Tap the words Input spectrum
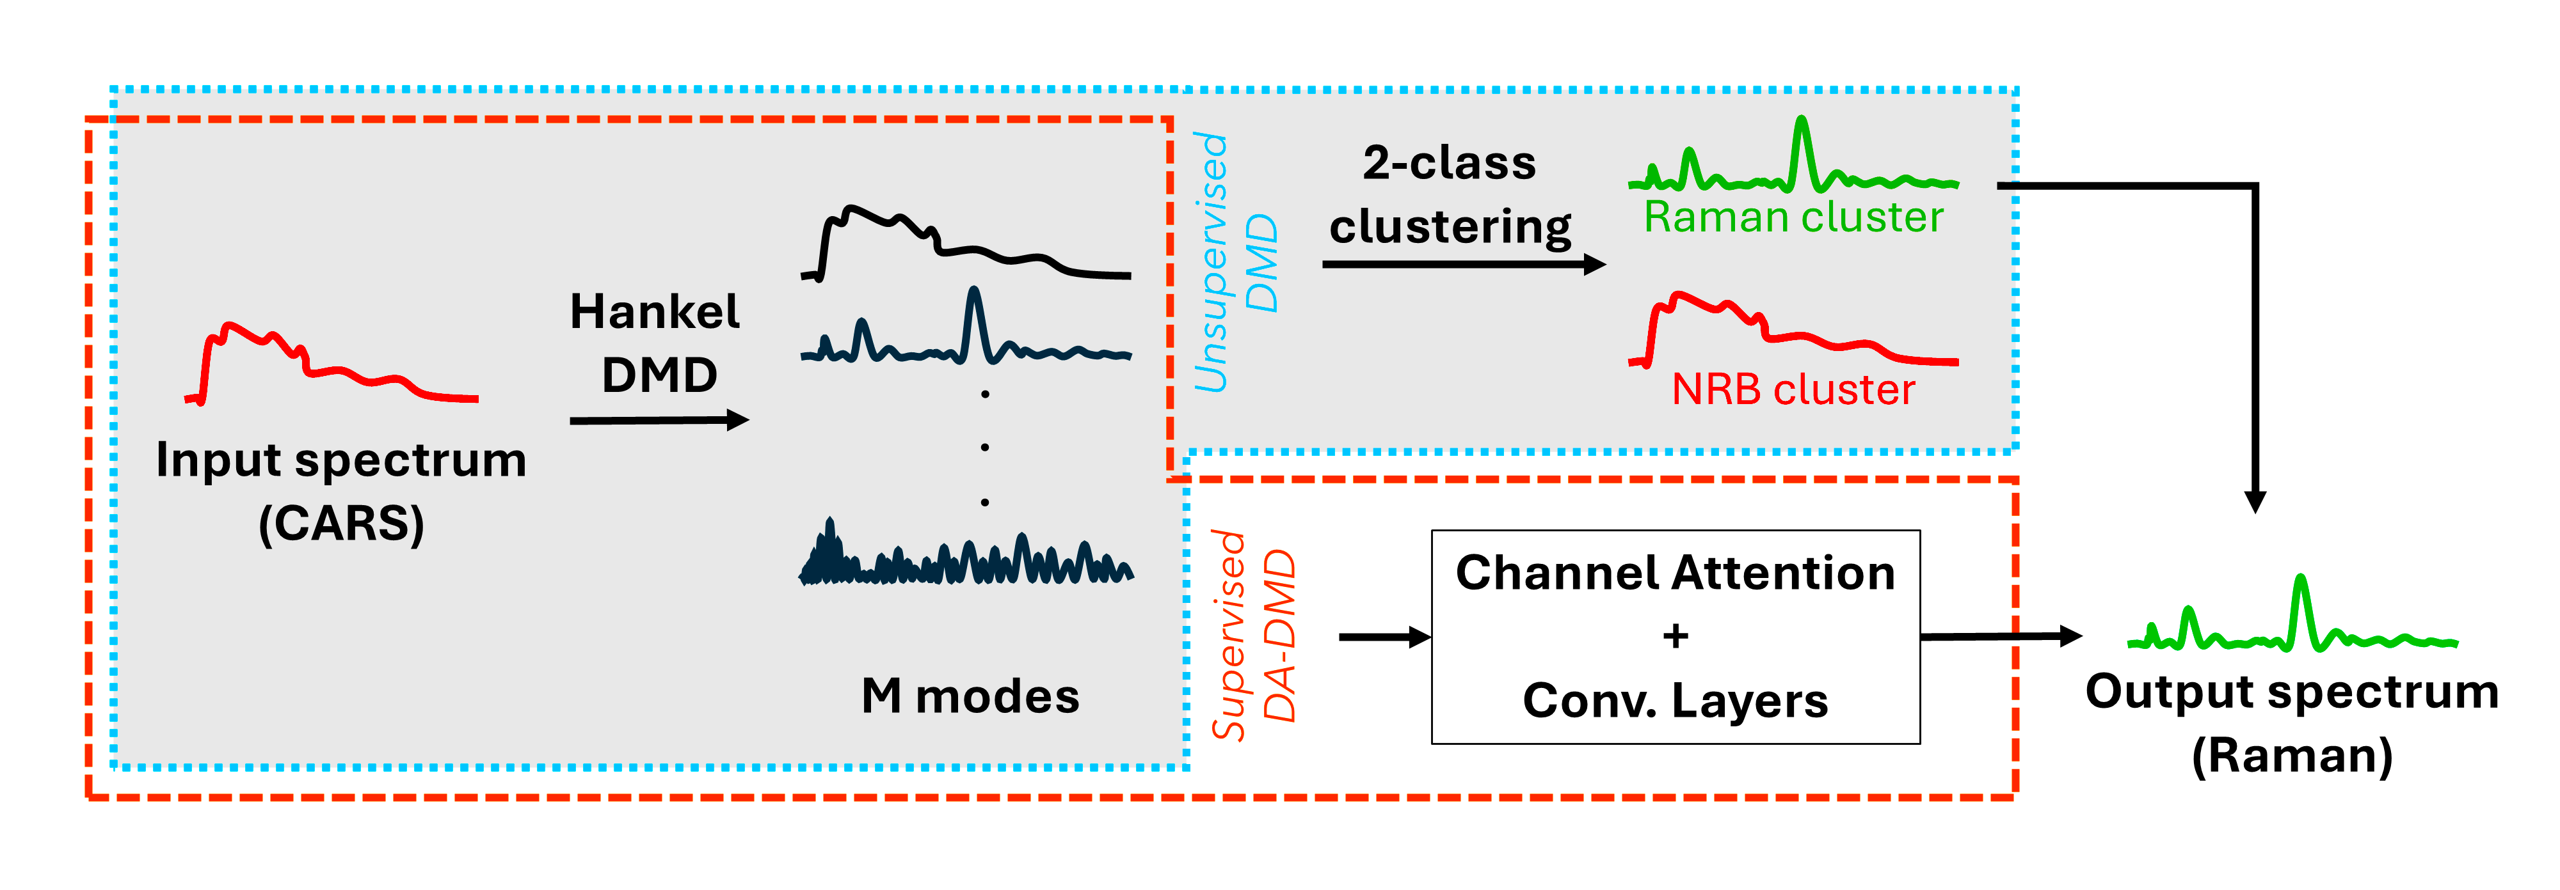point(341,460)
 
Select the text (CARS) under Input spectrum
point(341,524)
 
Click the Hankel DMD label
point(656,343)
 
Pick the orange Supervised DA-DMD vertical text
point(1252,636)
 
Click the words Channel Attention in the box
point(1676,573)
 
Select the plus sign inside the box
point(1676,636)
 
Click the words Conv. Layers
point(1676,700)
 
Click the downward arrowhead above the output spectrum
point(2256,502)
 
